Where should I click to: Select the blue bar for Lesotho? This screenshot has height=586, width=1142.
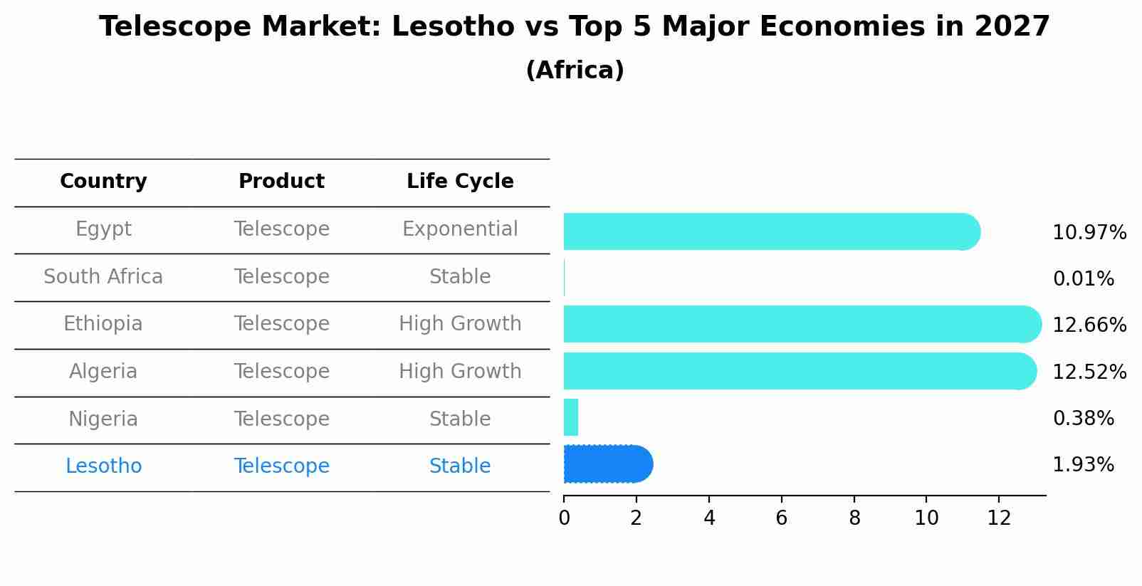click(x=607, y=464)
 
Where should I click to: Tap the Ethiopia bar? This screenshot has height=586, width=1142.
click(x=802, y=324)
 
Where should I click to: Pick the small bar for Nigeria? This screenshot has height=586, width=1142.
click(x=571, y=417)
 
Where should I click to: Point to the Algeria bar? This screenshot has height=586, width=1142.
click(x=799, y=371)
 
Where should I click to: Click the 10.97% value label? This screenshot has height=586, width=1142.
click(x=1089, y=233)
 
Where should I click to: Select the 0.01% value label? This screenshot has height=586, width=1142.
click(x=1083, y=279)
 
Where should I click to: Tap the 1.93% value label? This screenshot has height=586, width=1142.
click(x=1083, y=465)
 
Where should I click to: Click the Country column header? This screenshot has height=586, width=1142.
click(x=103, y=182)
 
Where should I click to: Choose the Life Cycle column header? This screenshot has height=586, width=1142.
click(x=460, y=182)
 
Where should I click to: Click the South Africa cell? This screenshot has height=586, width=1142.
click(x=103, y=277)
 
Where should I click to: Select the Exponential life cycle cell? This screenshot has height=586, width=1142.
click(x=460, y=229)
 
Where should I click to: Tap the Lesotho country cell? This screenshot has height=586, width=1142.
click(x=103, y=466)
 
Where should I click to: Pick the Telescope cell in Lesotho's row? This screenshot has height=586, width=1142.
click(x=281, y=466)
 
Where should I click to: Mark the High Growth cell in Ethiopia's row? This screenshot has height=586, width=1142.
click(x=460, y=324)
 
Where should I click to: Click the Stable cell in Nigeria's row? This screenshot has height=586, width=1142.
click(x=460, y=419)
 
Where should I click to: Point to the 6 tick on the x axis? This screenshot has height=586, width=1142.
click(x=781, y=518)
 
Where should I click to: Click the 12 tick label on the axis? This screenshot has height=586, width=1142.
click(x=999, y=518)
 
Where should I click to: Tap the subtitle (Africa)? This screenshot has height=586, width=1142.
click(x=575, y=70)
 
